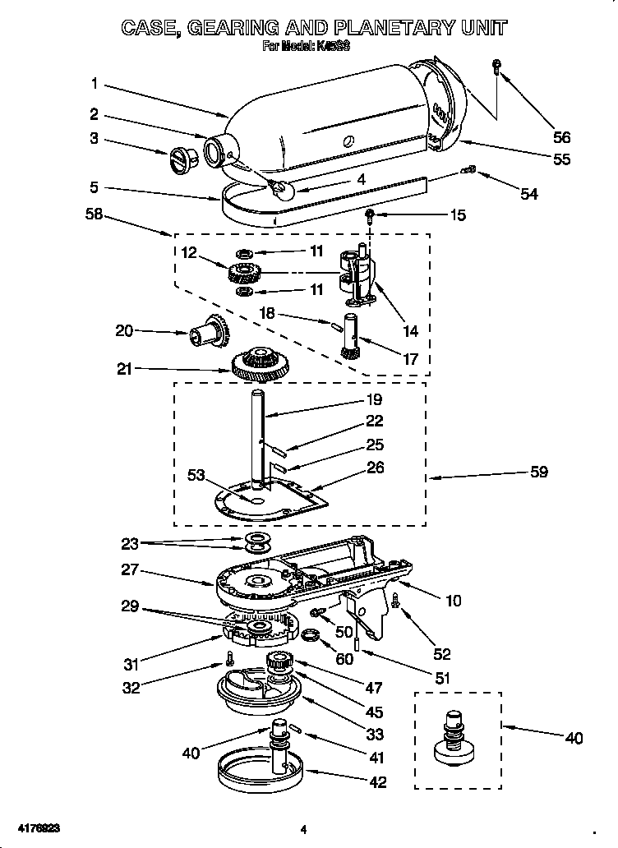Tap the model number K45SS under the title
334,48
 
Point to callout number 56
561,137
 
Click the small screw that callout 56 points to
497,67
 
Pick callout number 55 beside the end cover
561,159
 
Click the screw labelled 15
370,215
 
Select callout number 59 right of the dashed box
539,472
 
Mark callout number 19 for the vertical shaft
374,400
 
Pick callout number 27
130,569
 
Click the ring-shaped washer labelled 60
311,634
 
